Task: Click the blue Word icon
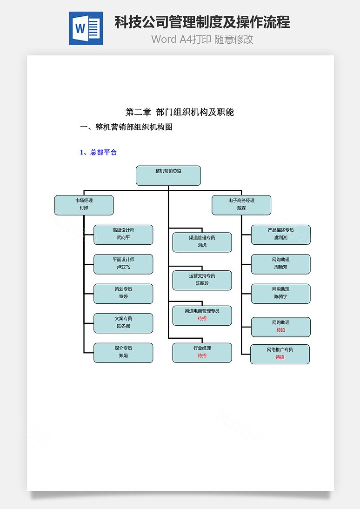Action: (86, 28)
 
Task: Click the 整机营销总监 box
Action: (168, 175)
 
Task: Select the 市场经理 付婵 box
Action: (84, 205)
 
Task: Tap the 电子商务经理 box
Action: (241, 205)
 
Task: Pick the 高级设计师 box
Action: (123, 234)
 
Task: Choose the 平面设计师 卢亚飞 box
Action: (123, 264)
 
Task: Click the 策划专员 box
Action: (123, 294)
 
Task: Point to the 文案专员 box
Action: (123, 323)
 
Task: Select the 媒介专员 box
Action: (123, 353)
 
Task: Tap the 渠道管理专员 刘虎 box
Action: (202, 242)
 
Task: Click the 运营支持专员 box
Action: (202, 280)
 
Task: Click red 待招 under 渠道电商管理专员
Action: (202, 318)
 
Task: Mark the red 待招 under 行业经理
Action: (202, 355)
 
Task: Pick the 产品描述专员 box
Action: (281, 234)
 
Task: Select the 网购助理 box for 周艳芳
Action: (281, 264)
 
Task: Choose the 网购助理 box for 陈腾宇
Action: (281, 294)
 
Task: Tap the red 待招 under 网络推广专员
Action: (280, 357)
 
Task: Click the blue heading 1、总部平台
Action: (98, 152)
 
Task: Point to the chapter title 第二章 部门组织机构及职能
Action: (180, 112)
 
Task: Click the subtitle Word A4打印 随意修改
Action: (202, 39)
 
